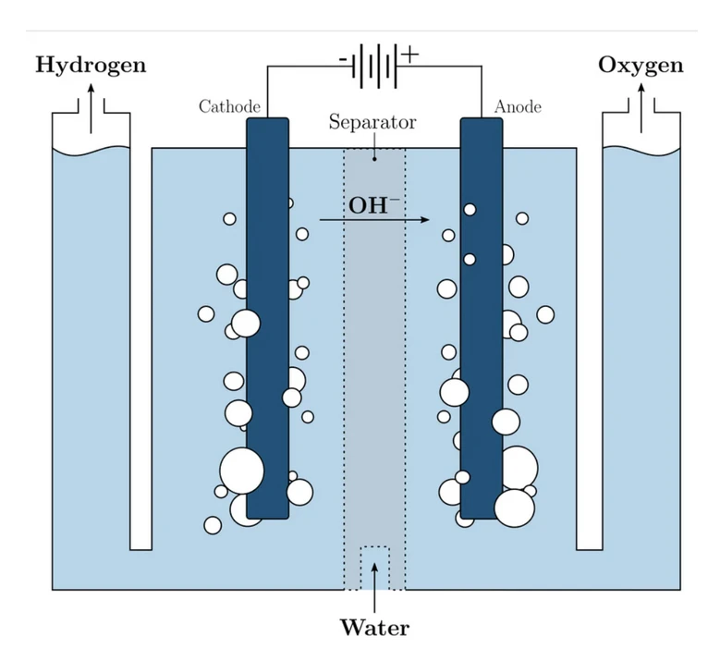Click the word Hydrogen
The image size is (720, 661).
[91, 66]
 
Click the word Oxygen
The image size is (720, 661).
[641, 66]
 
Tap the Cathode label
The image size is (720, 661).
[229, 107]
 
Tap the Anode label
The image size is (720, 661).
[518, 107]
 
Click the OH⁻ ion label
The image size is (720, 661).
[374, 204]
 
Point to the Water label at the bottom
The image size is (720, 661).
[374, 628]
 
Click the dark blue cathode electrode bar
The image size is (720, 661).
[268, 370]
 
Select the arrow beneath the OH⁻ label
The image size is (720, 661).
[374, 220]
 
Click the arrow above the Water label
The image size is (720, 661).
[374, 582]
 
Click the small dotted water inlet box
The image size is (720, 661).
[374, 567]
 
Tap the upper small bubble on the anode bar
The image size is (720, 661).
[470, 210]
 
